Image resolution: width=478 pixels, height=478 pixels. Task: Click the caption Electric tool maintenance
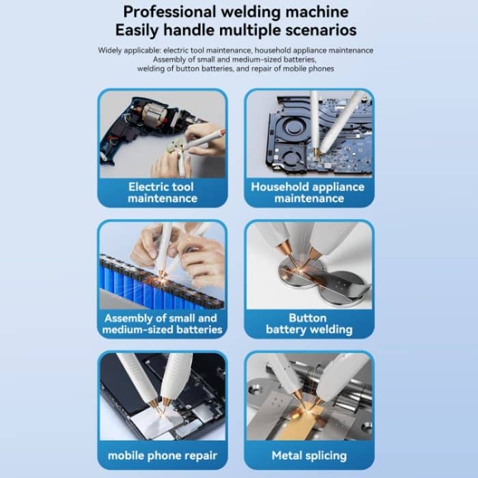(163, 193)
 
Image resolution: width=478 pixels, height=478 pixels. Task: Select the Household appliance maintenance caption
(308, 193)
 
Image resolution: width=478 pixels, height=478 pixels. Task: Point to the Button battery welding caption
(309, 324)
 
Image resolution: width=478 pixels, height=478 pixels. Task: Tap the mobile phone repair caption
(163, 455)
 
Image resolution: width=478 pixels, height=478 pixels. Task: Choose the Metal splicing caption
(309, 455)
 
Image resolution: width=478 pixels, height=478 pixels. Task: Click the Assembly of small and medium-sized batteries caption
(163, 324)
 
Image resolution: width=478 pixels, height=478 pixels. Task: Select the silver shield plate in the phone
(156, 422)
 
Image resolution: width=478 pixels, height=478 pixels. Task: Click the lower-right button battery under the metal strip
(343, 290)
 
